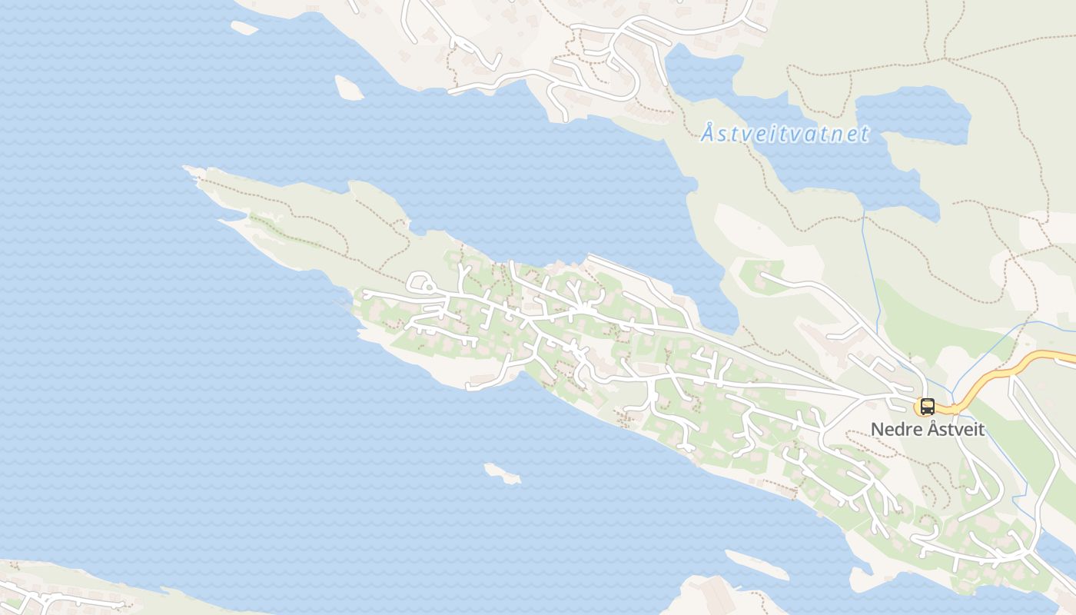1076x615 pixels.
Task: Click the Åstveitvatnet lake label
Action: click(x=785, y=134)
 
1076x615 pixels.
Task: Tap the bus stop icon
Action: click(x=927, y=407)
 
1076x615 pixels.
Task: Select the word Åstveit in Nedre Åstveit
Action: click(x=956, y=429)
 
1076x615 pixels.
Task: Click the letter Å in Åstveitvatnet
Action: click(x=708, y=134)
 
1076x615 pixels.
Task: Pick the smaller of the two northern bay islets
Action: click(x=244, y=28)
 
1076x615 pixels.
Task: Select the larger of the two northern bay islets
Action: click(x=349, y=88)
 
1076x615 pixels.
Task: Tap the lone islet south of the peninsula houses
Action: click(x=502, y=474)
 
